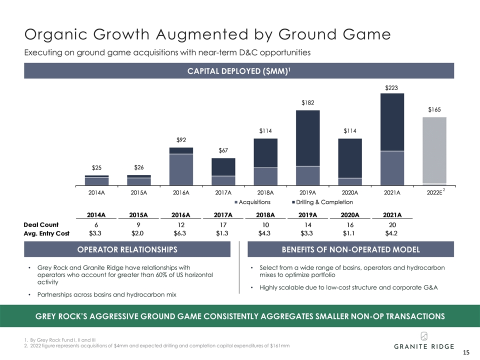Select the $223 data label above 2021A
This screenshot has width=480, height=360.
(x=391, y=87)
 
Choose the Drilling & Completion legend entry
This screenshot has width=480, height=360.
(x=324, y=202)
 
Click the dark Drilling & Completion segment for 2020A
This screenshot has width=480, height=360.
(x=350, y=158)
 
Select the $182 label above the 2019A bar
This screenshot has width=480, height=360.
(x=307, y=103)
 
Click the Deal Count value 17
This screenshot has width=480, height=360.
(x=223, y=224)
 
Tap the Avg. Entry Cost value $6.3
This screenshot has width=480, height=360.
(x=180, y=233)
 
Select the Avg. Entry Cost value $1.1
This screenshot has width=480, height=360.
(x=350, y=233)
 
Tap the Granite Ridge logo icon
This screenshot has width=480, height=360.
(x=423, y=335)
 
